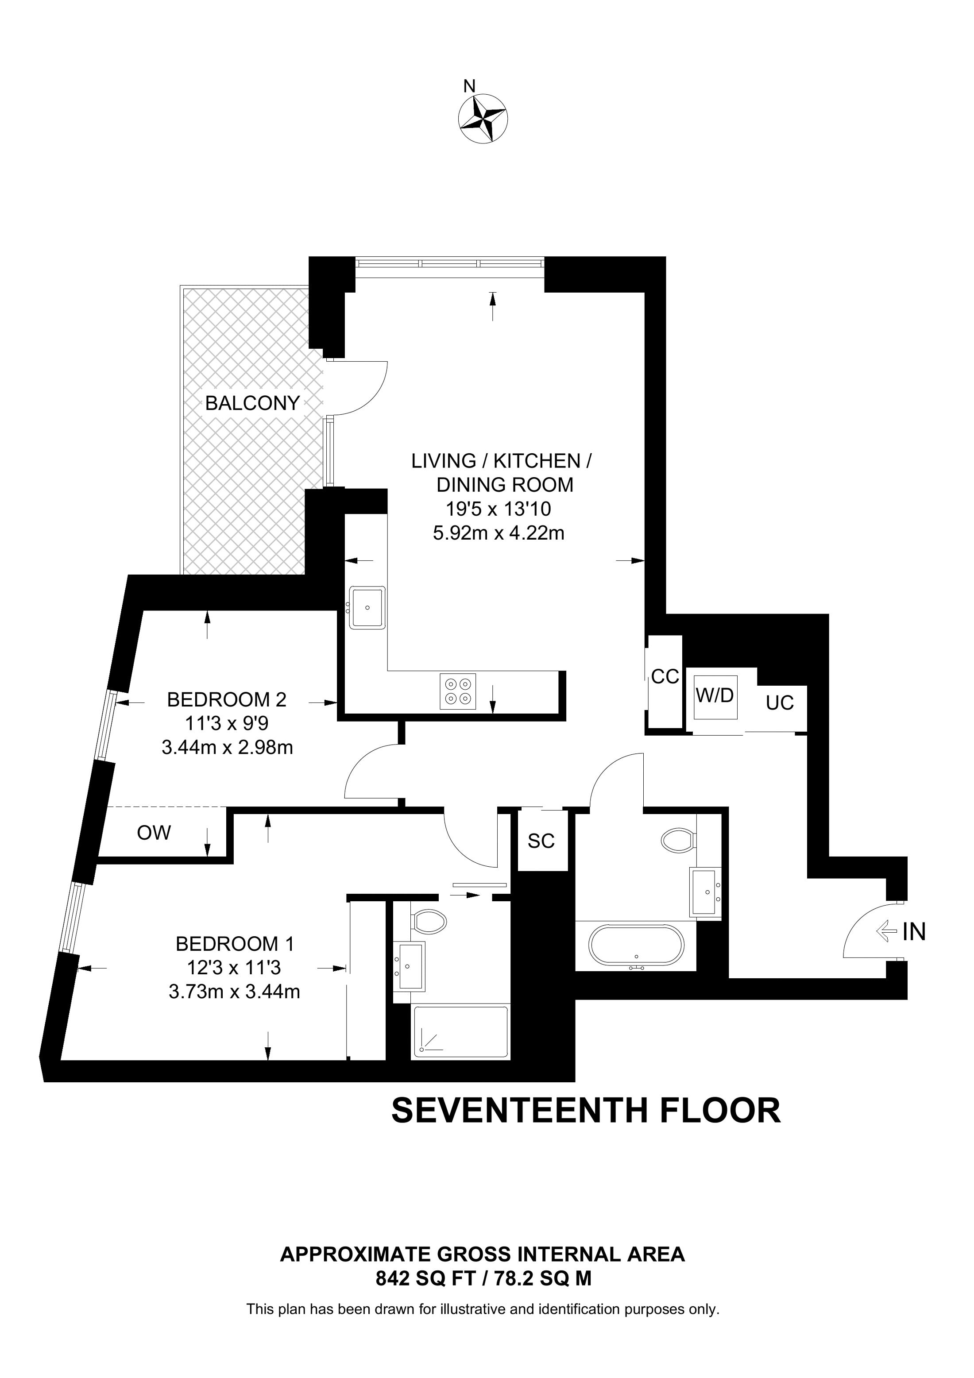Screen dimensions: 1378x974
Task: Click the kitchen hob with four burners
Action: point(458,691)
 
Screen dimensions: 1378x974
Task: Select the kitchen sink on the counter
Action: point(367,607)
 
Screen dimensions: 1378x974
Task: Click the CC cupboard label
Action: point(665,677)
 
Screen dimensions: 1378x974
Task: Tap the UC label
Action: point(780,703)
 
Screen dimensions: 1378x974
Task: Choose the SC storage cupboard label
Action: point(541,841)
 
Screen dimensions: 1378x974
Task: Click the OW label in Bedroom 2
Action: point(154,833)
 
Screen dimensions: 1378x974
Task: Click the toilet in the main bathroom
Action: point(678,839)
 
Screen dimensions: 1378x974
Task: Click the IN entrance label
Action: point(913,931)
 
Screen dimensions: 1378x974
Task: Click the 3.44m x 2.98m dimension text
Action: point(228,748)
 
